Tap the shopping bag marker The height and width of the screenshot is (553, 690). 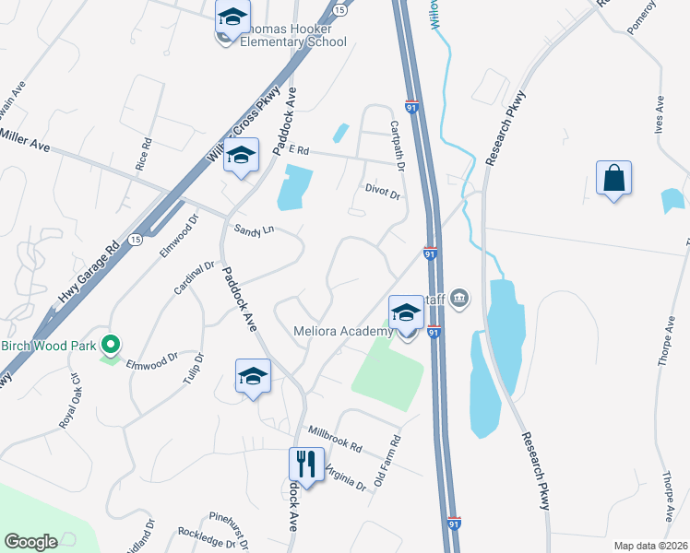pyautogui.click(x=613, y=178)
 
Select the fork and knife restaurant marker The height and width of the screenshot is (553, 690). pyautogui.click(x=305, y=464)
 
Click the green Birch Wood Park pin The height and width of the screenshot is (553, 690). pyautogui.click(x=112, y=346)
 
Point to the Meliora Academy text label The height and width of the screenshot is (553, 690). pyautogui.click(x=343, y=332)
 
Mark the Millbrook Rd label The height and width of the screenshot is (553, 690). pyautogui.click(x=334, y=437)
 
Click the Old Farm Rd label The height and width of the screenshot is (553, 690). pyautogui.click(x=387, y=461)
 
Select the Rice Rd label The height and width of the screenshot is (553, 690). pyautogui.click(x=144, y=156)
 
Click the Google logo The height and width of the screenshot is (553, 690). pyautogui.click(x=31, y=542)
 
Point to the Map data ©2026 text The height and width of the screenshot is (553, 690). pyautogui.click(x=650, y=546)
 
